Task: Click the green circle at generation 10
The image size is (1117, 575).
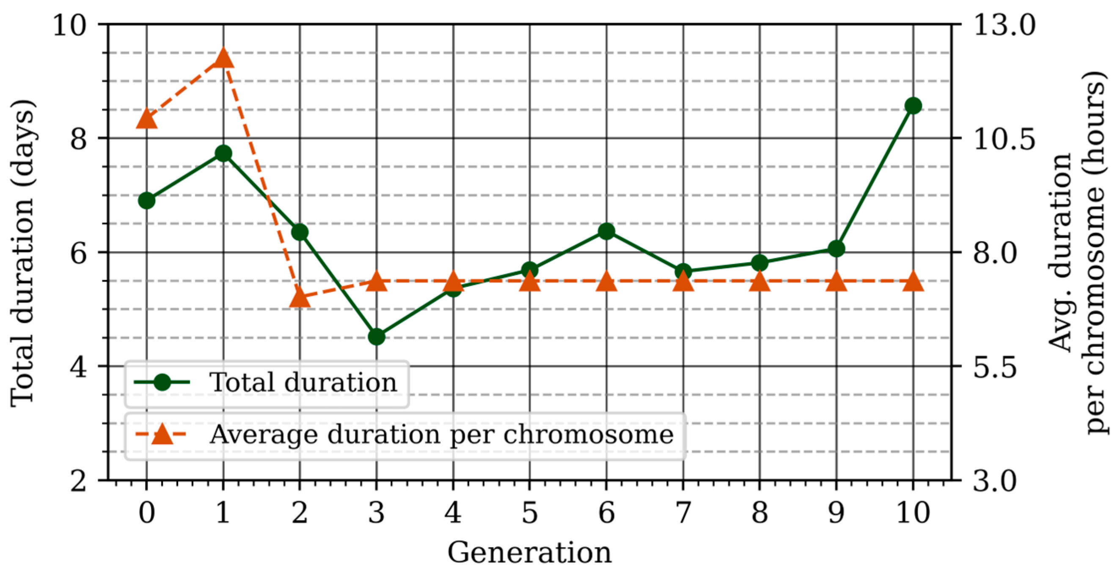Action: [x=913, y=106]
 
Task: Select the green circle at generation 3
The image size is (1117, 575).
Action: [x=377, y=337]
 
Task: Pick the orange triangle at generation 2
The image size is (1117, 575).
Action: [x=300, y=297]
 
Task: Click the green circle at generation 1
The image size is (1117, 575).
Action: [x=223, y=153]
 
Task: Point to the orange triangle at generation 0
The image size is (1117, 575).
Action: [x=146, y=119]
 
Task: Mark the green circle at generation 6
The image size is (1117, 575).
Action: [x=606, y=231]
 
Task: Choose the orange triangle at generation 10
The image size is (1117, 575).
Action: [x=913, y=282]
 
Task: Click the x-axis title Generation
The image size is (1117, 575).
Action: [x=529, y=553]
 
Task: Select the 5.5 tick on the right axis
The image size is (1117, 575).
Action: [x=995, y=367]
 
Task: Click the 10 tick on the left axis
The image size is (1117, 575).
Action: [x=69, y=25]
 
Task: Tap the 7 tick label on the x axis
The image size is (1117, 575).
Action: [x=683, y=512]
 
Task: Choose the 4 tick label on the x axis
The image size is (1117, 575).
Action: [x=453, y=512]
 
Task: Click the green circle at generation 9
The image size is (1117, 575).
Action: [x=836, y=249]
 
